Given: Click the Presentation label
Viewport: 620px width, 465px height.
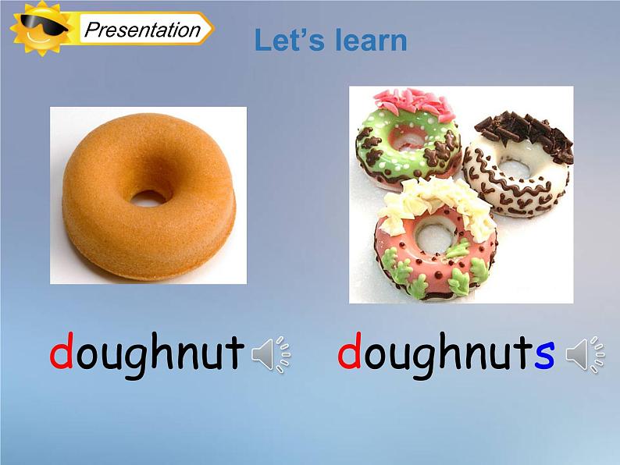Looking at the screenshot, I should coord(142,30).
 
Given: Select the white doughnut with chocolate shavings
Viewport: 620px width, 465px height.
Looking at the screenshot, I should coord(517,168).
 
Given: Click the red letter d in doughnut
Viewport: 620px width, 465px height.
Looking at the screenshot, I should coord(62,353).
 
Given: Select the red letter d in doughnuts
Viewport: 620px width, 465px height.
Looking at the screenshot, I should coord(349,353).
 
